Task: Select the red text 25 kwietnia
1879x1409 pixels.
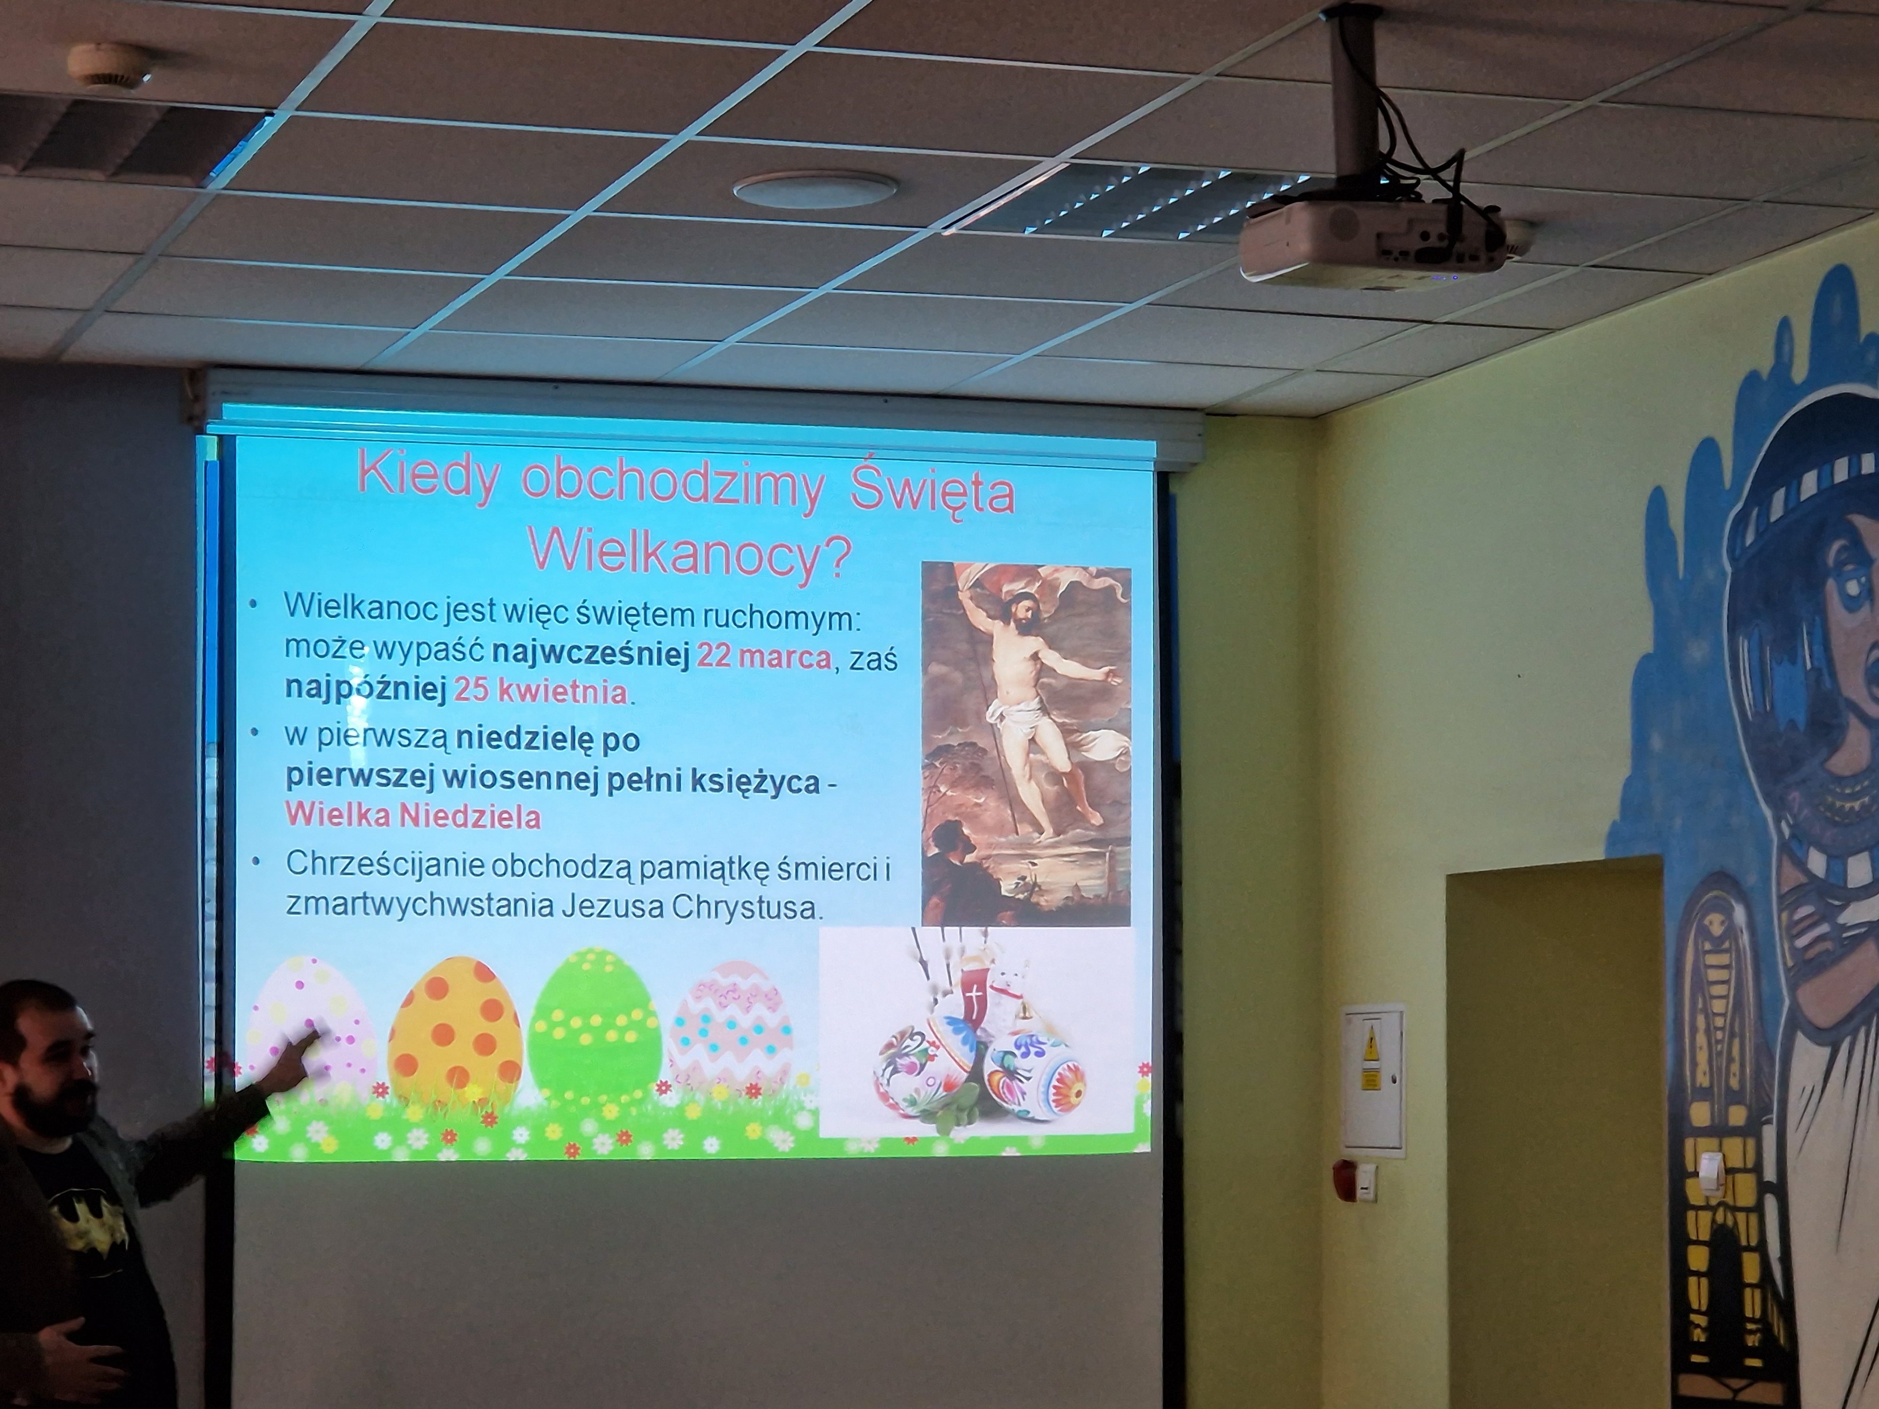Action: [541, 692]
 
